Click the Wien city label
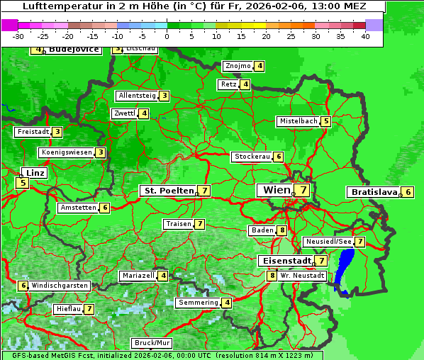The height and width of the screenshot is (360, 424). pyautogui.click(x=277, y=190)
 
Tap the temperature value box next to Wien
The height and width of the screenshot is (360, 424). pyautogui.click(x=303, y=190)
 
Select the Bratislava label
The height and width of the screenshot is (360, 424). pyautogui.click(x=373, y=192)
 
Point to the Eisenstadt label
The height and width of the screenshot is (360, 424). pyautogui.click(x=284, y=261)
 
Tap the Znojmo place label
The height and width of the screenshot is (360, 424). pyautogui.click(x=238, y=66)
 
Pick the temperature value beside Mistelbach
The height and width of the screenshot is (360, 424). pyautogui.click(x=325, y=121)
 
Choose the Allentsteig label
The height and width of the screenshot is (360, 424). pyautogui.click(x=137, y=96)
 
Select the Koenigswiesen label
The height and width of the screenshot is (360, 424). pyautogui.click(x=66, y=152)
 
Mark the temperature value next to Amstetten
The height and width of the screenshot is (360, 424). pyautogui.click(x=105, y=208)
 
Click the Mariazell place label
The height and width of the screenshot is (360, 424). pyautogui.click(x=138, y=276)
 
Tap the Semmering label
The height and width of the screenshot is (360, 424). pyautogui.click(x=198, y=303)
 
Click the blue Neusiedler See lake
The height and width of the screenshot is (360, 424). pyautogui.click(x=345, y=266)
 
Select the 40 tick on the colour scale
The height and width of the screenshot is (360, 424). pyautogui.click(x=365, y=36)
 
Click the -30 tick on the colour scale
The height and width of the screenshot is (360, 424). pyautogui.click(x=18, y=36)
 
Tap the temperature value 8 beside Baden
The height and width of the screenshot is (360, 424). pyautogui.click(x=282, y=230)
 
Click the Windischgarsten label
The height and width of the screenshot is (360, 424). pyautogui.click(x=60, y=286)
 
